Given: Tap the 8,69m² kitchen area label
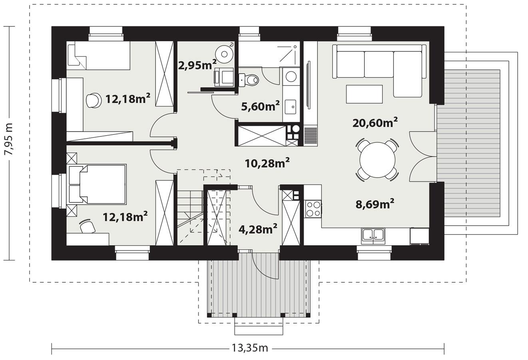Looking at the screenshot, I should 375,204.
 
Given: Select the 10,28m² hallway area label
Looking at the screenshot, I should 267,163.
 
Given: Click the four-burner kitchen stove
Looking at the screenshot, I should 313,209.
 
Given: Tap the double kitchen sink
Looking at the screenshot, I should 373,236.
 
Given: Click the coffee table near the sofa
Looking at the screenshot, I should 364,94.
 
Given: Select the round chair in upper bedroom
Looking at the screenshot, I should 93,100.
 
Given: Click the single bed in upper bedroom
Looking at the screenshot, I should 99,56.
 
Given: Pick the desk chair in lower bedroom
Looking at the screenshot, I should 88,227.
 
